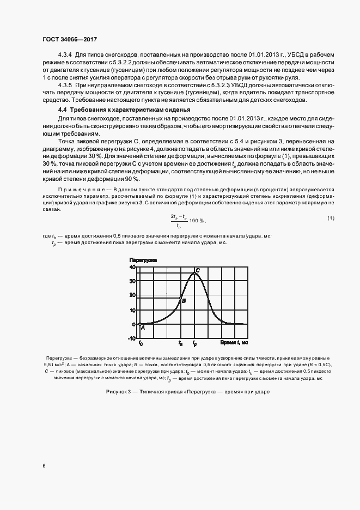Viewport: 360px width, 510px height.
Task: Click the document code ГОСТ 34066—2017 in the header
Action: pos(70,40)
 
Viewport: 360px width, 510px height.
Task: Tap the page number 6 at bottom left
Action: pos(43,466)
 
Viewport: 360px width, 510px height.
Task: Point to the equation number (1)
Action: pos(330,218)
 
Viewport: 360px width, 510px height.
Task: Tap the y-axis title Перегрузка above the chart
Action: pos(143,260)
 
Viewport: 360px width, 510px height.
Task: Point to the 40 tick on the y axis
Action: pos(132,267)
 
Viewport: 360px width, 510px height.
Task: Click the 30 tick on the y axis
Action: pos(132,282)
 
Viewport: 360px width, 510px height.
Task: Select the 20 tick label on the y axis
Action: pos(132,296)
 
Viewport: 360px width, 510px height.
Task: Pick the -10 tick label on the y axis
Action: pos(132,338)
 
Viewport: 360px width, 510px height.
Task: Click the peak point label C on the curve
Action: pos(198,270)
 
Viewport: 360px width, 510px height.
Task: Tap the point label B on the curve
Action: pos(184,301)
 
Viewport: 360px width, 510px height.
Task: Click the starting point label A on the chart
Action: pos(143,328)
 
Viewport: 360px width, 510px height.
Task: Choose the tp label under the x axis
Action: pos(194,344)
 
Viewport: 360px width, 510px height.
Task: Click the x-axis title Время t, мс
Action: pos(235,343)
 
